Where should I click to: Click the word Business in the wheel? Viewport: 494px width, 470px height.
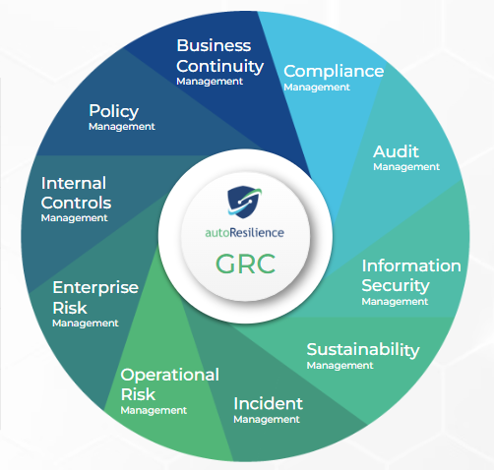pos(214,45)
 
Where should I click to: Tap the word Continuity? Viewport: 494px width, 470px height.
pos(219,67)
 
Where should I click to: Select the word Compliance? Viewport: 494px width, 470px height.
pos(334,72)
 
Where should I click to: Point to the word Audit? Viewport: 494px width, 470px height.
pos(396,151)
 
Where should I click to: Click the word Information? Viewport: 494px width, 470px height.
pos(411,265)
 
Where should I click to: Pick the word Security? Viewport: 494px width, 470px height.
pos(396,286)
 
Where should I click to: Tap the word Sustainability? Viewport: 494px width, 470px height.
pos(363,350)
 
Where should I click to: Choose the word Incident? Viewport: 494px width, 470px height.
pos(268,403)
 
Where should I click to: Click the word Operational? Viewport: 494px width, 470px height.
pos(170,376)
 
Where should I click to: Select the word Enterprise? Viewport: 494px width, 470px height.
pos(95,288)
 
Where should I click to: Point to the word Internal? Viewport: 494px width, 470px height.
pos(74,183)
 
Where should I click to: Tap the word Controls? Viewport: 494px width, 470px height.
pos(76,203)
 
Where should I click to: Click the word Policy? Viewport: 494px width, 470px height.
pos(114,111)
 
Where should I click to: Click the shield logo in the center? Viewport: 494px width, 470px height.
pos(244,202)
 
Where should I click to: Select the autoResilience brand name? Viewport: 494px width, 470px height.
pos(244,232)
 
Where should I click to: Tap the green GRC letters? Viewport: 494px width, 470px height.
pos(245,264)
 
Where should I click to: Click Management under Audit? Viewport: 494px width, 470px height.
pos(406,167)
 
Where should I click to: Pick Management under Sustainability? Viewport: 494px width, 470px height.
pos(340,366)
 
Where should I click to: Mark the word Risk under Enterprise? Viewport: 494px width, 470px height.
pos(70,308)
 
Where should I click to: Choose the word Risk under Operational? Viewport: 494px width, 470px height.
pos(138,394)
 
